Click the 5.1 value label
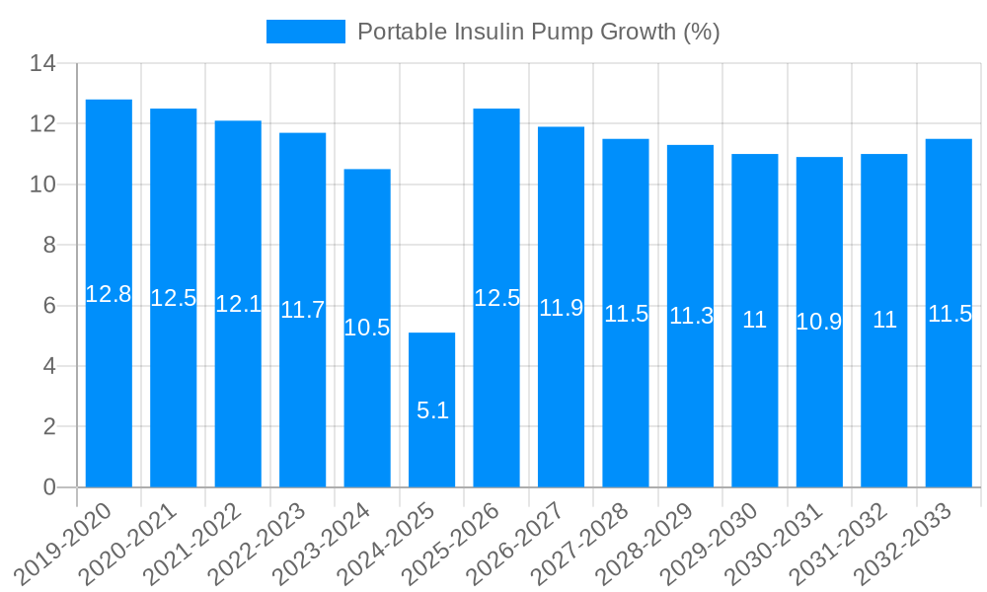point(432,410)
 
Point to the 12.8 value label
point(109,294)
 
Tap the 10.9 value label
point(819,322)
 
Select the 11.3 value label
point(691,316)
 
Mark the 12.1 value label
point(238,304)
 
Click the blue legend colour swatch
point(306,32)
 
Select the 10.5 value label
point(367,328)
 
